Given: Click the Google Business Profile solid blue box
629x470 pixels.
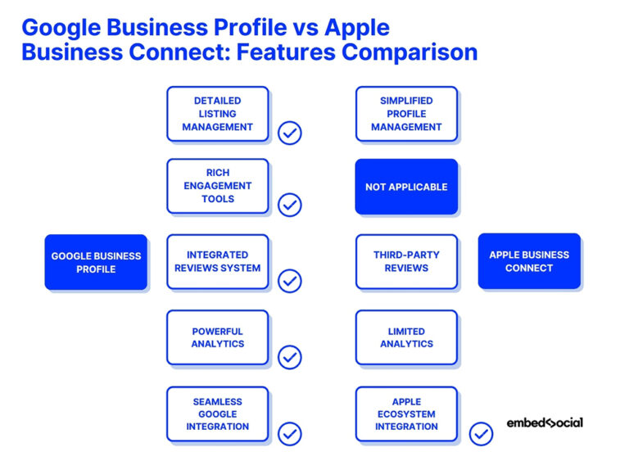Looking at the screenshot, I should click(96, 262).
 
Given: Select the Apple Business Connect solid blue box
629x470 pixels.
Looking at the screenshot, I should click(529, 261).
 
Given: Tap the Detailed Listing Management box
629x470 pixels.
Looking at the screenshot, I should click(217, 114).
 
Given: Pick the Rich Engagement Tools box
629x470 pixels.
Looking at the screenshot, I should click(217, 186).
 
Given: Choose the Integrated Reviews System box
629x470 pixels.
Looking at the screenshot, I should click(217, 261).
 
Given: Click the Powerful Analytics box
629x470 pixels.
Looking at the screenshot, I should click(217, 337).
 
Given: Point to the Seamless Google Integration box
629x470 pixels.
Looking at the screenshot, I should click(217, 414).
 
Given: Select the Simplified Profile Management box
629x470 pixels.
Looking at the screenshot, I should click(406, 114).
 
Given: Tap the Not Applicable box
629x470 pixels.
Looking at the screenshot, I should click(406, 187).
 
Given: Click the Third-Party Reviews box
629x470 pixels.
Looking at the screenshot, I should click(406, 261).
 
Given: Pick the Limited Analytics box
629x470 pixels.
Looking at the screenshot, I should click(406, 337).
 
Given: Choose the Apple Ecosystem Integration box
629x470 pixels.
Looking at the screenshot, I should click(406, 414).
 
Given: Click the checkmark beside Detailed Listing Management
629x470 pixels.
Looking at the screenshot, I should click(290, 133).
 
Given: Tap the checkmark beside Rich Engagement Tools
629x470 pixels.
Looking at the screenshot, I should click(290, 205).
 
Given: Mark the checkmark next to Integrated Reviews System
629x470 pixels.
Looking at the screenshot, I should click(290, 281).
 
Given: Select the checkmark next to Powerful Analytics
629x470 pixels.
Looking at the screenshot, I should click(290, 357).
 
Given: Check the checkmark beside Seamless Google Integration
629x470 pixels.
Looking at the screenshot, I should click(290, 433).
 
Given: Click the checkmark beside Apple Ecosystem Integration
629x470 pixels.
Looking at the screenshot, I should click(481, 433).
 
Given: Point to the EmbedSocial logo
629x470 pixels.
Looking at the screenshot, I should click(545, 423).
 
